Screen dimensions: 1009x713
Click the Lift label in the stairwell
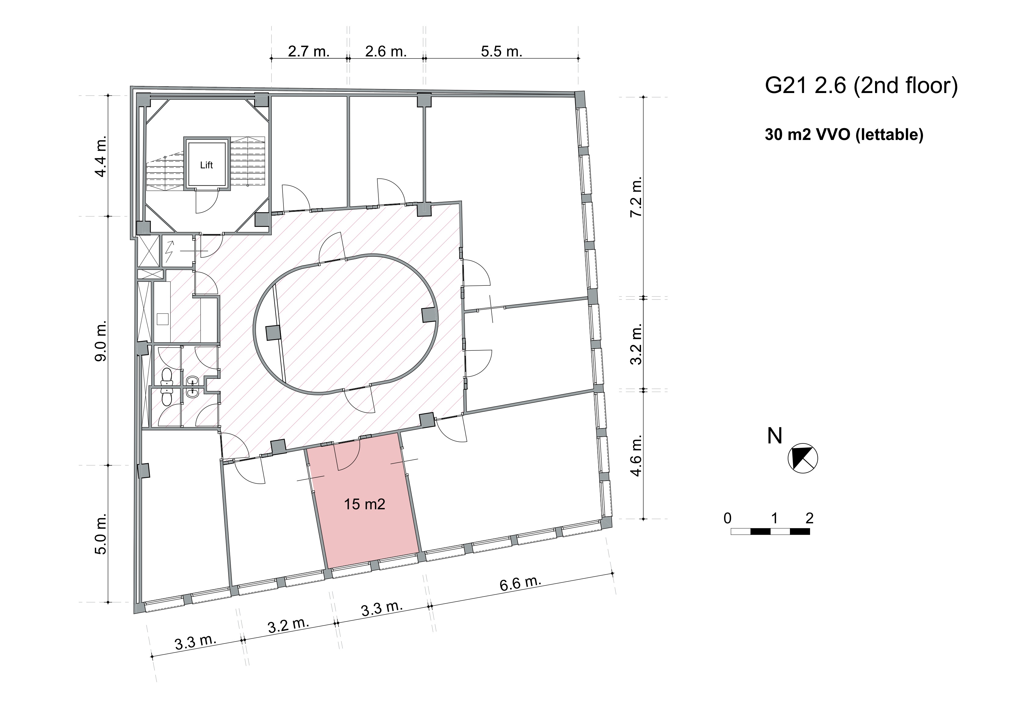(206, 165)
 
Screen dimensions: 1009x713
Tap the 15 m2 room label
(364, 503)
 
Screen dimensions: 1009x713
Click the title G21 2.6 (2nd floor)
(861, 86)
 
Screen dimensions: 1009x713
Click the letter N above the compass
(775, 436)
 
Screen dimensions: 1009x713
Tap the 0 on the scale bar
(727, 518)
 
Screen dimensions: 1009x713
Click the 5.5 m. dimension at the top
(501, 52)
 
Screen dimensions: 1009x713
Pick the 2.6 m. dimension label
(386, 52)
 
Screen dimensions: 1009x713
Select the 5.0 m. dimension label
(101, 534)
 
